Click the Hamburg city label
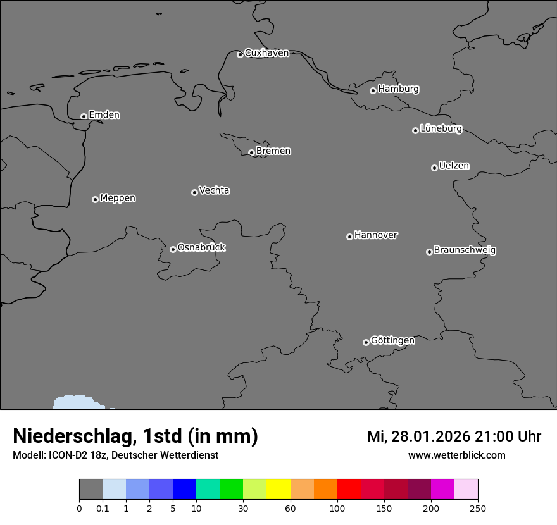pos(398,89)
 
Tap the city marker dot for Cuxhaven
pos(240,54)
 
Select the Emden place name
pos(104,115)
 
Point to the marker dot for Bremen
pos(251,152)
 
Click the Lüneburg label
pos(441,129)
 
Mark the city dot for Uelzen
pos(434,168)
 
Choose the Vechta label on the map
pos(214,190)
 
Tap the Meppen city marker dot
pos(95,199)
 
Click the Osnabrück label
pos(201,247)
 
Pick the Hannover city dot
pos(349,237)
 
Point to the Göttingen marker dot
pos(366,342)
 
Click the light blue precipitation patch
pos(79,402)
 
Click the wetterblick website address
pos(456,455)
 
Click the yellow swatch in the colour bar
pos(278,490)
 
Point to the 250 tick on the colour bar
pos(477,508)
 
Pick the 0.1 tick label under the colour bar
pos(103,508)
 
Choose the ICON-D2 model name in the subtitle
pos(70,455)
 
